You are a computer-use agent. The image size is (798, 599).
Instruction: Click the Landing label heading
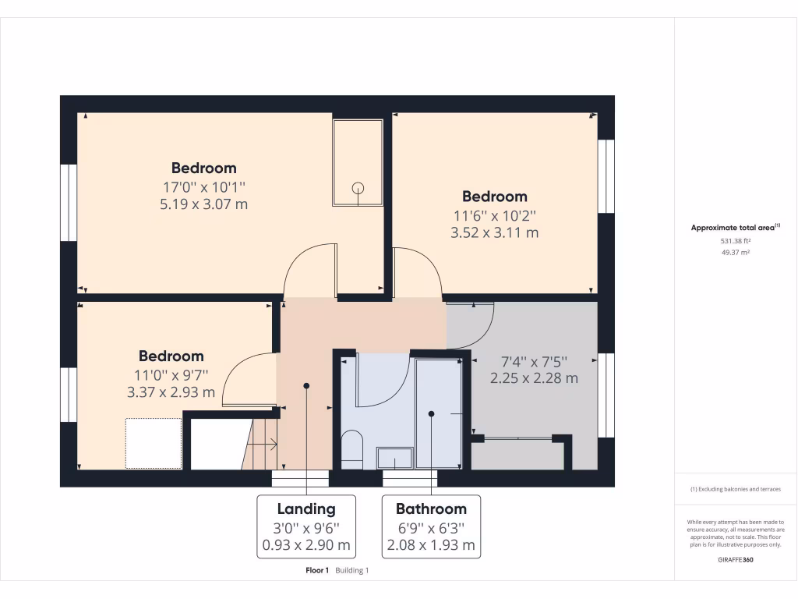306,509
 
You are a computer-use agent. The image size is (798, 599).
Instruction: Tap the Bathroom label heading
431,509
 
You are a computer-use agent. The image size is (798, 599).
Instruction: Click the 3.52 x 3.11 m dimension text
494,232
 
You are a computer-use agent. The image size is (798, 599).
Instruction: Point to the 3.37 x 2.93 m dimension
171,392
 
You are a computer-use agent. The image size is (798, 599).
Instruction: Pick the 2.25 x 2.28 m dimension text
534,378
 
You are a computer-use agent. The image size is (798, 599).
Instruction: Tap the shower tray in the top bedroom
358,162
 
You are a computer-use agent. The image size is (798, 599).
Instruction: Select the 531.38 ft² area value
735,241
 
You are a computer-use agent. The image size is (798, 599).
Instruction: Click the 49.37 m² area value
735,253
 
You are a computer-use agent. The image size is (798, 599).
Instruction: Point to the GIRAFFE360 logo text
735,559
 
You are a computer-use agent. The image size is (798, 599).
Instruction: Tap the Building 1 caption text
352,571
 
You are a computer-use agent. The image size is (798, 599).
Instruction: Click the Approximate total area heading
735,228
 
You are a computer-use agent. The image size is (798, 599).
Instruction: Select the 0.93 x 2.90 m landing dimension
306,545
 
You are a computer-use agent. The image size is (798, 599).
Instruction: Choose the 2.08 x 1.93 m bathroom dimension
431,545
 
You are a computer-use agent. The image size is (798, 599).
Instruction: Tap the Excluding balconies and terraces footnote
735,489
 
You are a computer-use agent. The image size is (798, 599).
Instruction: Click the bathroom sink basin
395,457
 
